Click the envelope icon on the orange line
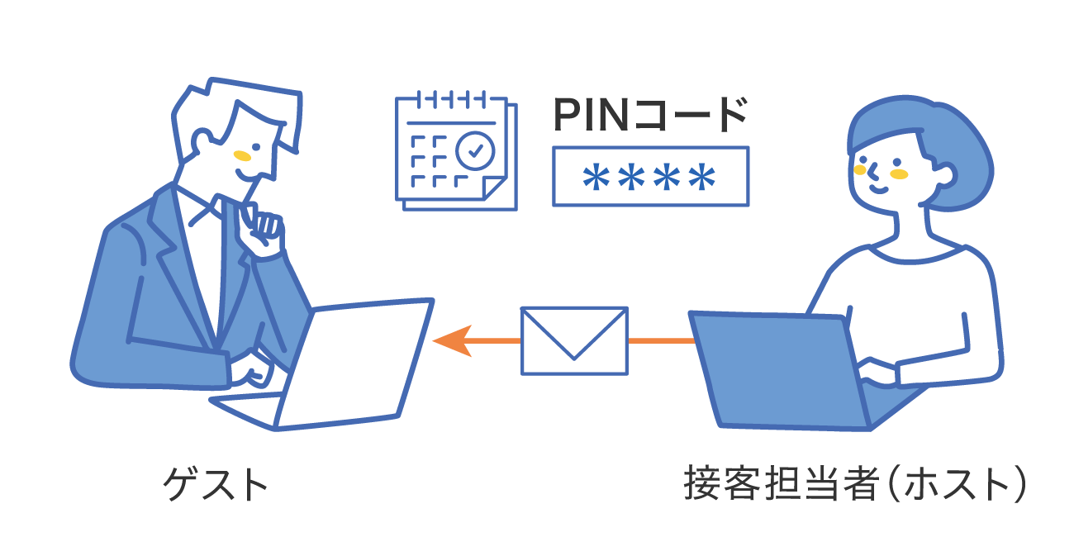tap(574, 340)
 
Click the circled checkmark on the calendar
tap(475, 150)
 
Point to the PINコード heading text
tap(650, 116)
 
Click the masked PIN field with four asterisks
tap(650, 176)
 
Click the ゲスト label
tap(216, 484)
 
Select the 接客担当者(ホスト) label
tap(855, 484)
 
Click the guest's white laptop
tap(355, 364)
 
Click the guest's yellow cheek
tap(241, 155)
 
